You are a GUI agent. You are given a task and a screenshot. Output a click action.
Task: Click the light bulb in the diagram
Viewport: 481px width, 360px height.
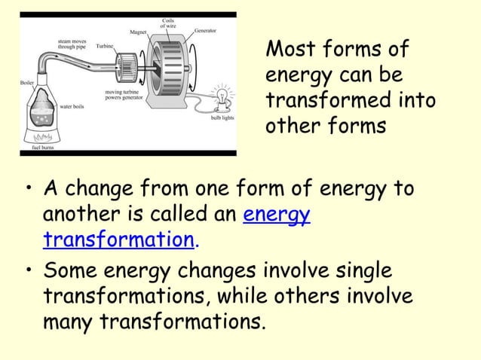click(222, 97)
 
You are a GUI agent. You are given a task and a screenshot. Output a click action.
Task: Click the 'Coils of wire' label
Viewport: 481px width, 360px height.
click(168, 23)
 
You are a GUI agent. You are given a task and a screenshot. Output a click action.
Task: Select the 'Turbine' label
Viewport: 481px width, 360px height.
click(105, 46)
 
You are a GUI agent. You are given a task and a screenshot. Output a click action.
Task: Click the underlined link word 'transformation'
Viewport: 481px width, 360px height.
click(118, 239)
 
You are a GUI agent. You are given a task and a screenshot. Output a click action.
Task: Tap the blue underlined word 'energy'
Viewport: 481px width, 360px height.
click(277, 214)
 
